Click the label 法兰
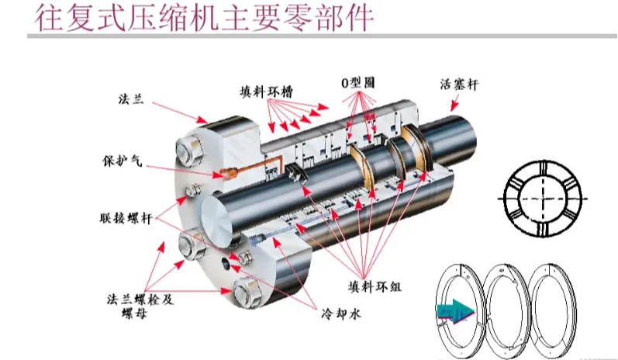[x=129, y=102]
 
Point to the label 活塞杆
[x=457, y=84]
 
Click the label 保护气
[x=123, y=163]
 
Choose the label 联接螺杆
[x=123, y=216]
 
